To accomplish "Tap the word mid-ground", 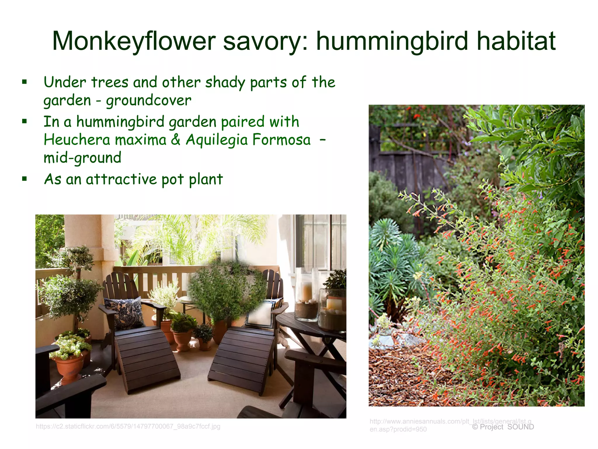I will pos(82,158).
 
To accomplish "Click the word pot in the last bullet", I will pos(173,179).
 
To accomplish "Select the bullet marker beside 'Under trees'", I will pos(25,82).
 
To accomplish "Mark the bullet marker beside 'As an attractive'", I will pos(25,179).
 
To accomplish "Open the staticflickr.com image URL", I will pos(128,426).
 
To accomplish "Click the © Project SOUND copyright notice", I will pos(503,427).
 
